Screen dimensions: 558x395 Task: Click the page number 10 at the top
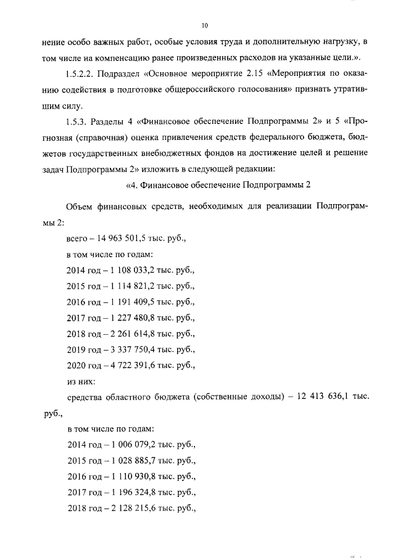coord(205,25)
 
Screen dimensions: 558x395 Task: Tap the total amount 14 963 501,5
coord(124,237)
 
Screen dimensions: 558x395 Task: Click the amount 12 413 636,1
coord(322,398)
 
